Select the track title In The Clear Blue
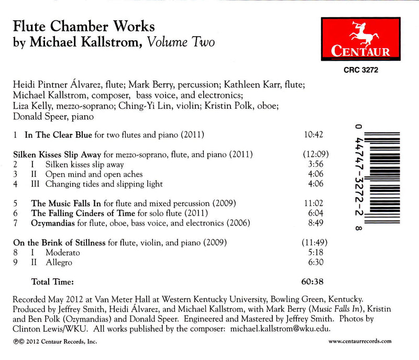click(x=58, y=135)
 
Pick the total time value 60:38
click(x=313, y=282)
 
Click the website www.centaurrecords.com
click(x=360, y=341)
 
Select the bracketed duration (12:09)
click(x=313, y=155)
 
